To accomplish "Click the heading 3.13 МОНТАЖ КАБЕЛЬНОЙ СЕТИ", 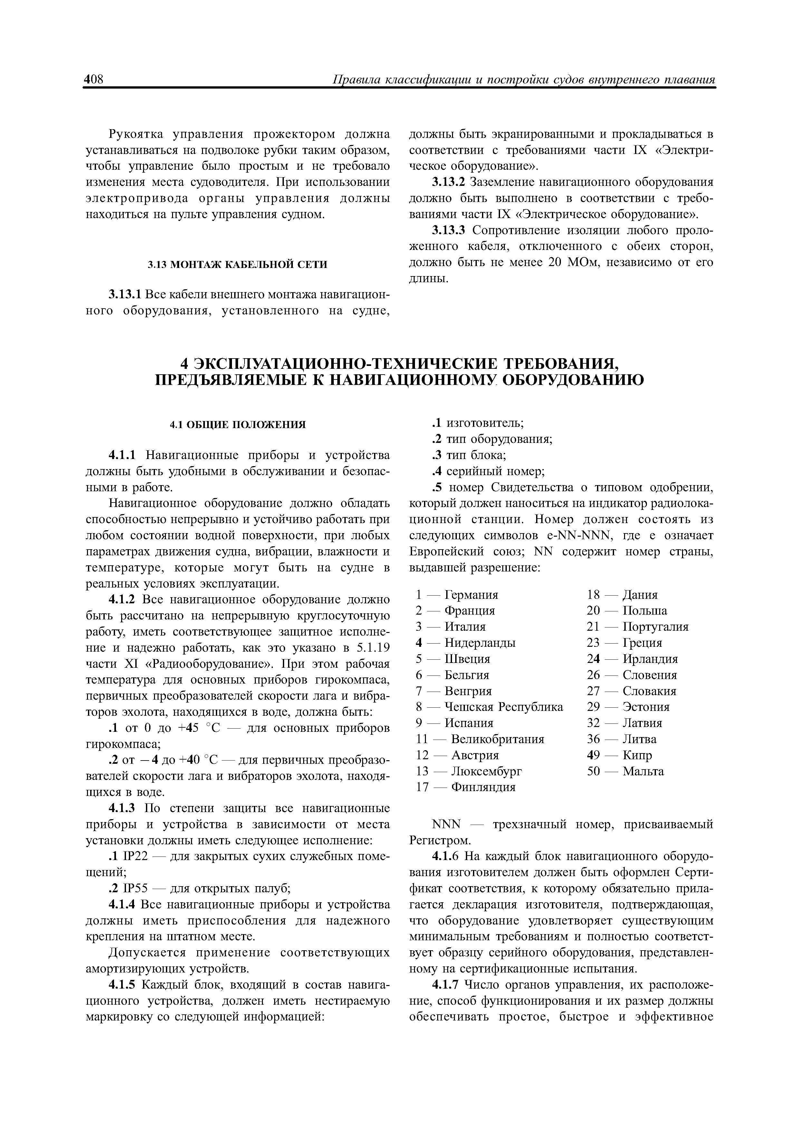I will point(237,265).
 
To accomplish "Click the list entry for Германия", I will point(471,595).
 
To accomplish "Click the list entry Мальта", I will point(643,771).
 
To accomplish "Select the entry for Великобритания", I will point(497,739).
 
